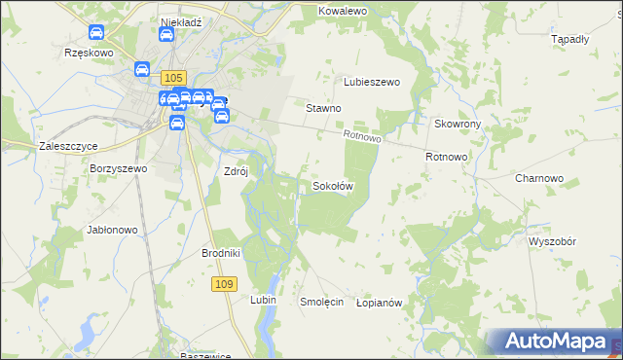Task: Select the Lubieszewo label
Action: tap(372, 83)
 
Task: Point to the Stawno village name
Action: tap(323, 109)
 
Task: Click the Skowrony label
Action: tap(458, 125)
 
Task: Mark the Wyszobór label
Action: tap(553, 240)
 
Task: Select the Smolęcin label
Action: tap(322, 303)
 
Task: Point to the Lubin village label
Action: tap(264, 301)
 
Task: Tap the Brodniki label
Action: tap(220, 253)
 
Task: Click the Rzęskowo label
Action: tap(89, 54)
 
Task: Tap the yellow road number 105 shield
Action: tap(173, 77)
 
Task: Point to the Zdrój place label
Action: tap(237, 171)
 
